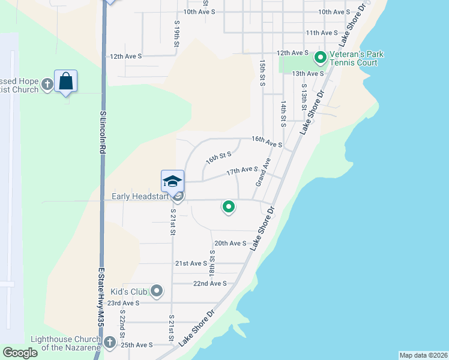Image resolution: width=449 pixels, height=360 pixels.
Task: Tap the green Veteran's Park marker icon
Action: click(x=320, y=58)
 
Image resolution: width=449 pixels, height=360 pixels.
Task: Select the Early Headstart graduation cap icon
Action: click(x=172, y=181)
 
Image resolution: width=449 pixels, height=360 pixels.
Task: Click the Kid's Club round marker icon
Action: click(x=157, y=292)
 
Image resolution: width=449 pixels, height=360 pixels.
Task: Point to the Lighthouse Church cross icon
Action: click(x=109, y=343)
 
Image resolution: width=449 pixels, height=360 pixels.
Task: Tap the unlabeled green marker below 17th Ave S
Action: click(x=228, y=207)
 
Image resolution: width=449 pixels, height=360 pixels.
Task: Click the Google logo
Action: click(x=20, y=353)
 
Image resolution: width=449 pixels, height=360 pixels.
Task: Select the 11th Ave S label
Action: click(x=321, y=33)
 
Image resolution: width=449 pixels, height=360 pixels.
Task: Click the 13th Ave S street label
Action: click(x=307, y=73)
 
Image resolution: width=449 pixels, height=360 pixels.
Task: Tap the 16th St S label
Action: click(x=218, y=158)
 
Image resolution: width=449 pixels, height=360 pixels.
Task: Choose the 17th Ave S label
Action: click(x=242, y=172)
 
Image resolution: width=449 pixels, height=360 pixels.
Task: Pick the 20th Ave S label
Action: click(x=231, y=243)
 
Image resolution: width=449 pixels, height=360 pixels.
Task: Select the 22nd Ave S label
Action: click(x=209, y=283)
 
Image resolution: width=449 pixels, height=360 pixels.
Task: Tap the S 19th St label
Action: click(x=177, y=34)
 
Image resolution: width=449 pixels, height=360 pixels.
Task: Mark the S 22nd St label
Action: click(x=122, y=322)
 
